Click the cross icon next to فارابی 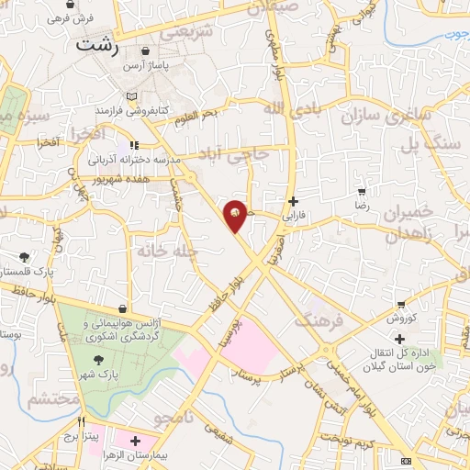click(x=293, y=201)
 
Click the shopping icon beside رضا click(x=362, y=192)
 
